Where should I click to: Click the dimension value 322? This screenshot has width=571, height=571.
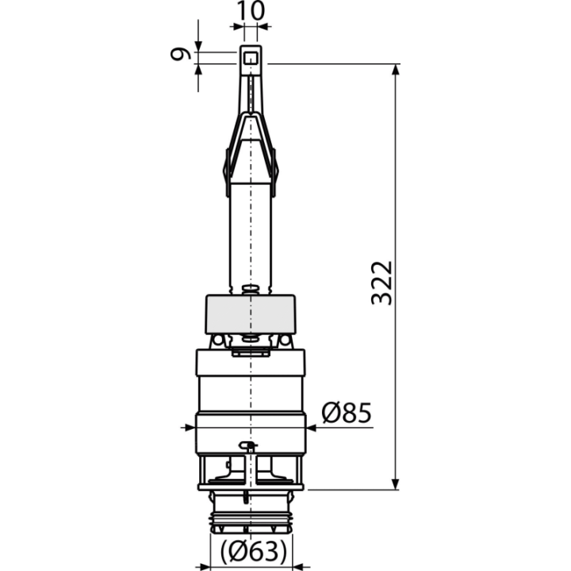(381, 282)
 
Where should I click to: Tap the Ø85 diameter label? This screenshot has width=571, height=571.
(347, 412)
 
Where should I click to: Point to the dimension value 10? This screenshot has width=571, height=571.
(251, 10)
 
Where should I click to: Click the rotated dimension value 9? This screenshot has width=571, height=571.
(180, 54)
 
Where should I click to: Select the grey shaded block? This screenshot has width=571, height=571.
(251, 314)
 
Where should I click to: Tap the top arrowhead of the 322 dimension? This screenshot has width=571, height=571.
(396, 70)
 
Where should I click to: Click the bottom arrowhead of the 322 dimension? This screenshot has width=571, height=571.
(396, 484)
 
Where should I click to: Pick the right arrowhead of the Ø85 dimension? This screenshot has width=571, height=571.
(312, 428)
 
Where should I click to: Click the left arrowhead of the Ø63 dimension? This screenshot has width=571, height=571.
(205, 567)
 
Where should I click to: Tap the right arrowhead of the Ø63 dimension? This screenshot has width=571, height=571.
(298, 567)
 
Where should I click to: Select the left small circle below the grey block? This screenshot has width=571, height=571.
(217, 340)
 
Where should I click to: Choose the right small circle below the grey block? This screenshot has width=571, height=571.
(285, 340)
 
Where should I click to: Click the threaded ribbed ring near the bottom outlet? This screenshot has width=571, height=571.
(251, 519)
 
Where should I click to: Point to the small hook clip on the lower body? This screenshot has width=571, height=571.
(247, 446)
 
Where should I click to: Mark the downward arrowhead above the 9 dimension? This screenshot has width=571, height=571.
(198, 46)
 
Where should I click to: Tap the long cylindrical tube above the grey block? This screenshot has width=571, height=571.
(251, 236)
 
